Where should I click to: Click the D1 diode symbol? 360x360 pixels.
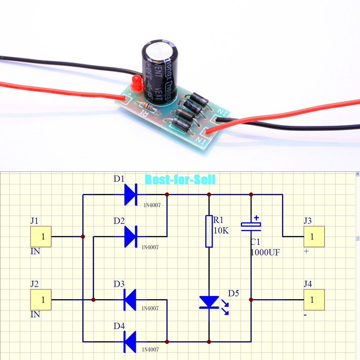tap(130, 194)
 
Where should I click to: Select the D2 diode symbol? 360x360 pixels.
tap(130, 236)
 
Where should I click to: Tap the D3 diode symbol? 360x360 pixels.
tap(130, 299)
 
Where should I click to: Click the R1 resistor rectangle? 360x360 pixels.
tap(209, 231)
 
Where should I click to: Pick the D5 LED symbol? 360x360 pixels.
tap(209, 302)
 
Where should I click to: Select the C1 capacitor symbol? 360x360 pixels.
tap(251, 225)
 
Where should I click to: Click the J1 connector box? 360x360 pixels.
tap(41, 236)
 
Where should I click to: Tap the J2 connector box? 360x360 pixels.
tap(41, 299)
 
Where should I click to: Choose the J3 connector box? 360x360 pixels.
tap(314, 236)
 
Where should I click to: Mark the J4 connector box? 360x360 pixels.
tap(314, 299)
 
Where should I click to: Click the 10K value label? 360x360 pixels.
tap(221, 231)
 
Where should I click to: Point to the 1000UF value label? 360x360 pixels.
tap(265, 252)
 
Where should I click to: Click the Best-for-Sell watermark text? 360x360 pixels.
tap(180, 180)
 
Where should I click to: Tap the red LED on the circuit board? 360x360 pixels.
tap(135, 82)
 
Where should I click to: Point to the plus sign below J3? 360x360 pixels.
tap(306, 251)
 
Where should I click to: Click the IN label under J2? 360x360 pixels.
tap(35, 315)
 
